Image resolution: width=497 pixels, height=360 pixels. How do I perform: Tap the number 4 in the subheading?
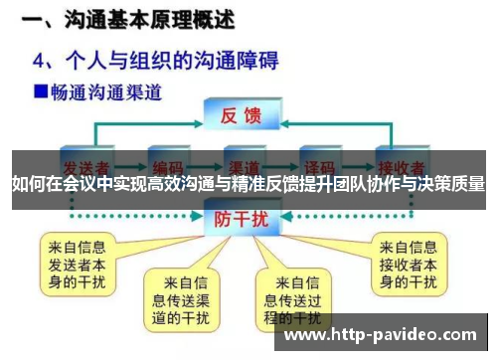(43, 61)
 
